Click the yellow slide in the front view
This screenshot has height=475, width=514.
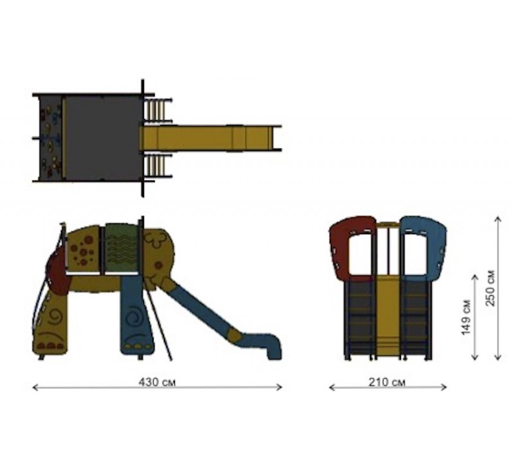(x=387, y=315)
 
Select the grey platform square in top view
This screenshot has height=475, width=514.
(x=103, y=138)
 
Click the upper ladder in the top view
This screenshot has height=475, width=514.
(x=158, y=109)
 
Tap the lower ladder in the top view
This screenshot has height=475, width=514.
(x=158, y=166)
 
